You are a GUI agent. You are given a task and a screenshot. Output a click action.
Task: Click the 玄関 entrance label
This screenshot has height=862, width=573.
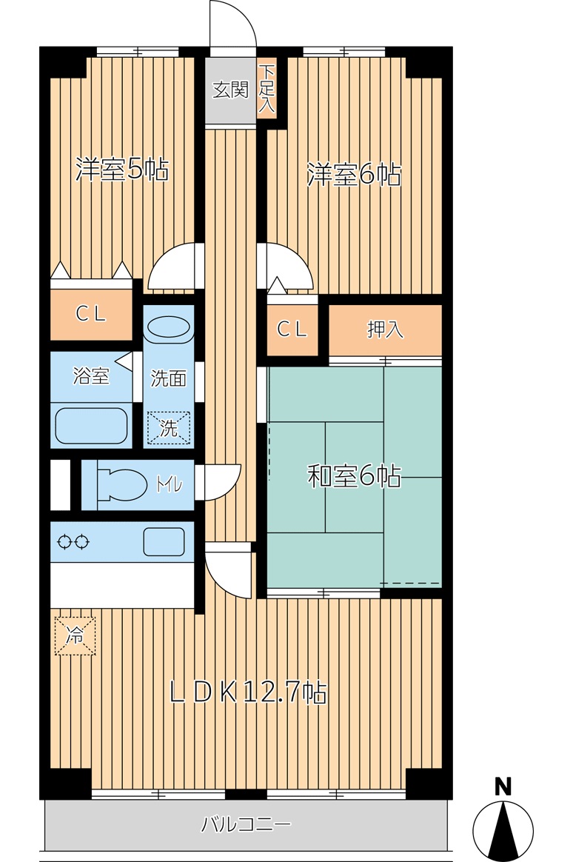[x=230, y=90]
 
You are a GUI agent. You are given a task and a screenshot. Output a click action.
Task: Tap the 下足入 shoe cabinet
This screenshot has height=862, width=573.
[x=267, y=89]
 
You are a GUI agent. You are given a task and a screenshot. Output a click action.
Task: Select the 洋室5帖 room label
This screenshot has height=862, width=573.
[x=122, y=170]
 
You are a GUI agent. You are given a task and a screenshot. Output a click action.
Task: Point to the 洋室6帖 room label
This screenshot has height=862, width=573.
[x=354, y=175]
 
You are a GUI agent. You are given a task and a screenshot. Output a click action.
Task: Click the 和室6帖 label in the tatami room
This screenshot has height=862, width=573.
[x=354, y=476]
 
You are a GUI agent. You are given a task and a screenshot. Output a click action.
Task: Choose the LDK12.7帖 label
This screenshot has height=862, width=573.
[x=248, y=692]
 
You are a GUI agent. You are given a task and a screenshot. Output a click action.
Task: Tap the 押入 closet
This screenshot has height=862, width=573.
[x=386, y=330]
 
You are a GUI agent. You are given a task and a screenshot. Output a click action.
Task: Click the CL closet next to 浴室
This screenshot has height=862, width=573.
[x=91, y=315]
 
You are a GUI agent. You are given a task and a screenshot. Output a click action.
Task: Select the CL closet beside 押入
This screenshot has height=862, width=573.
[x=292, y=330]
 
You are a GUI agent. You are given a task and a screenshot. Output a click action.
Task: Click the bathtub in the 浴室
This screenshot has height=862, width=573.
[x=91, y=425]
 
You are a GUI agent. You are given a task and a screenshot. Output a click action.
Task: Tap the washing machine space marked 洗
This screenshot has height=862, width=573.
[x=169, y=428]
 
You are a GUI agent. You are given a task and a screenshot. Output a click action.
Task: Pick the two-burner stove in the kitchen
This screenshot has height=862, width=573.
[x=73, y=542]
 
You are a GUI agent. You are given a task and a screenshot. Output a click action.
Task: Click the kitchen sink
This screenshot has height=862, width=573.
[x=164, y=542]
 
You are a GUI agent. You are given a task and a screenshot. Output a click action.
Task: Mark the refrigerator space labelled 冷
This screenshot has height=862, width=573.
[x=75, y=636]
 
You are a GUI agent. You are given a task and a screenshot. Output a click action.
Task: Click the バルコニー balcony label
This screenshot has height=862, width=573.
[x=246, y=825]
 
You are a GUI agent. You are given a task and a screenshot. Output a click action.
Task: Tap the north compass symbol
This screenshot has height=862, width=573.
[x=503, y=831]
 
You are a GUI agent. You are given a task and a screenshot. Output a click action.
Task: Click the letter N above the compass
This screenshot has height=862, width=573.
[x=503, y=786]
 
